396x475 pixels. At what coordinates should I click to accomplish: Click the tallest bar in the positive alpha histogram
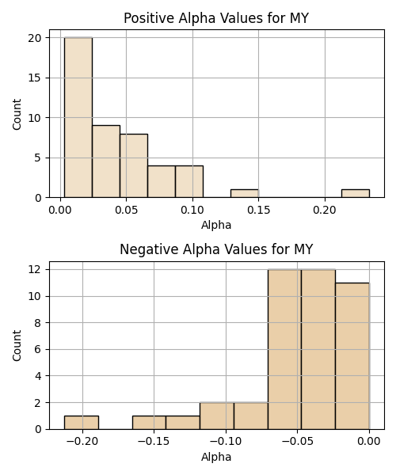78,117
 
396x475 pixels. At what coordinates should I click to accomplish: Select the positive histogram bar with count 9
106,161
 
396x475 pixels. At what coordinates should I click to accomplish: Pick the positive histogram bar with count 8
134,165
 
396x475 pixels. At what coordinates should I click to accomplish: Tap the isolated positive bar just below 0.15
245,194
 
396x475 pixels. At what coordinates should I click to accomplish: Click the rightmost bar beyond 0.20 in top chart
356,194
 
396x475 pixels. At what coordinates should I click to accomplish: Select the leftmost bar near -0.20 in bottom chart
82,423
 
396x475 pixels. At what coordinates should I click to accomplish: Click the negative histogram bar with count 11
352,356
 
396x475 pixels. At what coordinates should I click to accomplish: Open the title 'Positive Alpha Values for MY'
216,18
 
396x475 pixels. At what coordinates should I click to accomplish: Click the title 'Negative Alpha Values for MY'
216,249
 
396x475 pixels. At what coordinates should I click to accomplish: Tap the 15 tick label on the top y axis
34,78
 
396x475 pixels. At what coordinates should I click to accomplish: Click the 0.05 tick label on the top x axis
127,210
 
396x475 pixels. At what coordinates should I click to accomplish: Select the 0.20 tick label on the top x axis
325,210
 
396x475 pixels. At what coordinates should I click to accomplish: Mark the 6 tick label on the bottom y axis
37,350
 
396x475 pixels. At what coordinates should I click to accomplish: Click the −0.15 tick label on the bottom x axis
154,442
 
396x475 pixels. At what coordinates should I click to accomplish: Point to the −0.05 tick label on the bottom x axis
297,442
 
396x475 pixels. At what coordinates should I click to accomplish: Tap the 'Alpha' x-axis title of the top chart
216,225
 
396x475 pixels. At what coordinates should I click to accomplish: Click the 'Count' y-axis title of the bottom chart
17,346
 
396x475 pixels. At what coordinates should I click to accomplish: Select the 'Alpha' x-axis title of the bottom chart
216,457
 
